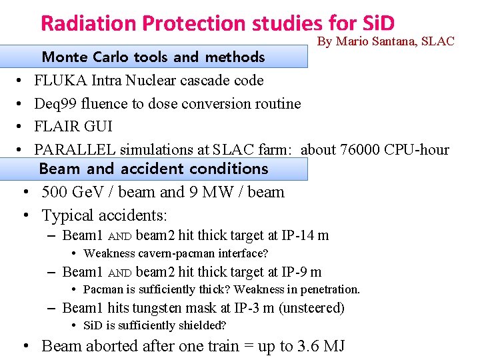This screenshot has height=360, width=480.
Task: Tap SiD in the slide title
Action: click(377, 23)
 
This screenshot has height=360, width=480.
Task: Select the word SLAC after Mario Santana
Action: click(438, 41)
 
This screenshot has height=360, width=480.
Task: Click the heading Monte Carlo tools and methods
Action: click(153, 57)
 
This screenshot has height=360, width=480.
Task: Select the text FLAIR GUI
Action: click(73, 127)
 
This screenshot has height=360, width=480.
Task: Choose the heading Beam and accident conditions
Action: click(153, 169)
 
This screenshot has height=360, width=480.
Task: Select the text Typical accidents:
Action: click(105, 215)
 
